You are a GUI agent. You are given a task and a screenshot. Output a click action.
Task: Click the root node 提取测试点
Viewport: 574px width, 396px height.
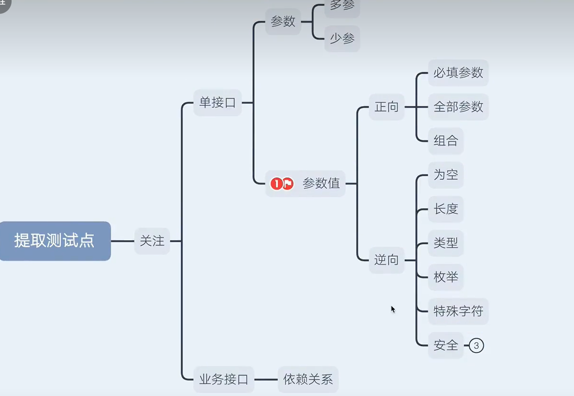coord(54,241)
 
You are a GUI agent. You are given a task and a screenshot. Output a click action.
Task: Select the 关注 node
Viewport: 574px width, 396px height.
coord(152,241)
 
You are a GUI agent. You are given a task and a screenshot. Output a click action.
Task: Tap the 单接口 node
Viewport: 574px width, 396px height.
coord(217,102)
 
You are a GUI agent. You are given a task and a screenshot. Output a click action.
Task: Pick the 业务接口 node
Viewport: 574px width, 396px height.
coord(223,379)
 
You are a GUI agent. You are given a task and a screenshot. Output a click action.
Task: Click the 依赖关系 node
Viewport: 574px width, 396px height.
coord(308,379)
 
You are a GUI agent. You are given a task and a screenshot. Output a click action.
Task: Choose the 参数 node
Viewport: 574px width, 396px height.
coord(283,22)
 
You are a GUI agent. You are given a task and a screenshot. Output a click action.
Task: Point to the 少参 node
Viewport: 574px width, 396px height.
coord(342,38)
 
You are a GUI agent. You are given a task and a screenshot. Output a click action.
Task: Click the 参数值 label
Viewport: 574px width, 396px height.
coord(321,184)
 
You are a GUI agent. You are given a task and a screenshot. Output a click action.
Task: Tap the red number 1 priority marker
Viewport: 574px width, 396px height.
coord(276,184)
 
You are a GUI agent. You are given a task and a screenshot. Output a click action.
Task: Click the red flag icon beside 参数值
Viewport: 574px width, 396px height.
coord(288,184)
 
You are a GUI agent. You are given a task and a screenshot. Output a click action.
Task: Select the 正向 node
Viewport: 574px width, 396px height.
coord(387,107)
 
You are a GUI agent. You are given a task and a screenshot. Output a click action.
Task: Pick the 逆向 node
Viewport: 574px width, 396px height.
coord(387,260)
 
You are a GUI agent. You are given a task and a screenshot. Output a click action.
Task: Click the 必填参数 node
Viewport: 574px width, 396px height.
coord(458,73)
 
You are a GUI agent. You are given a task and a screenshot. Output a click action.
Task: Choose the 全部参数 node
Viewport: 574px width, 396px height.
coord(458,107)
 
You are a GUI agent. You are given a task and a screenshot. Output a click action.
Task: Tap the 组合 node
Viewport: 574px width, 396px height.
coord(446,141)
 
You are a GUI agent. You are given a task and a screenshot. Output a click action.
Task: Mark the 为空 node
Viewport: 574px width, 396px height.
coord(446,175)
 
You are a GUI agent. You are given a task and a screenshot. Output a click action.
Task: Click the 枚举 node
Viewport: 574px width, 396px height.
coord(446,277)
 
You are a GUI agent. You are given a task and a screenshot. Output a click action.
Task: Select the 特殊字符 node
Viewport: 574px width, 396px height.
coord(458,311)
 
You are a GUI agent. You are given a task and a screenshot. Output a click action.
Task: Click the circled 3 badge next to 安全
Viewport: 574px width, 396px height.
coord(476,345)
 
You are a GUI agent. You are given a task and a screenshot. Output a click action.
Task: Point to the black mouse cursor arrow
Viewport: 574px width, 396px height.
coord(393,309)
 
